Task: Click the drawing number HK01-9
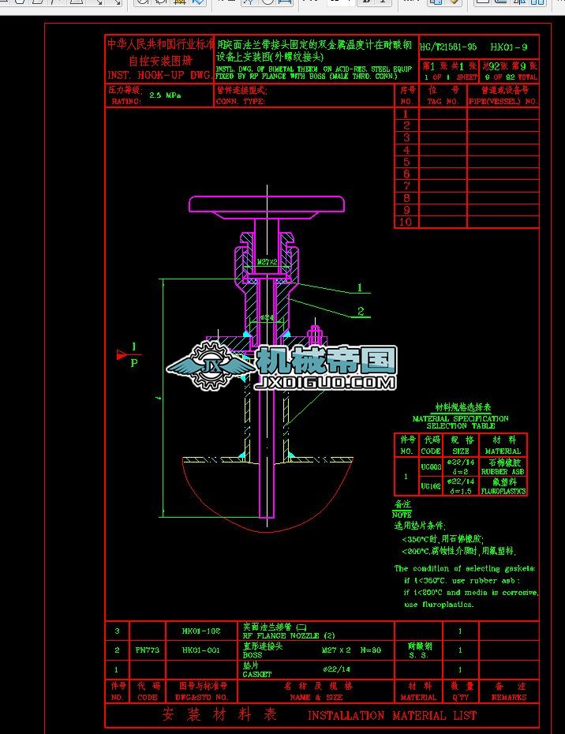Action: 511,47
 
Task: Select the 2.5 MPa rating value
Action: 164,96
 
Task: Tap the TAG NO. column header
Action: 443,102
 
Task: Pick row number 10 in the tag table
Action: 406,223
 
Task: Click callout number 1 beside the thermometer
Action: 360,288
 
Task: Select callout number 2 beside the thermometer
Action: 361,311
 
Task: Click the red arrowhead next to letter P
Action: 122,354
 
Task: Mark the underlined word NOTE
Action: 402,515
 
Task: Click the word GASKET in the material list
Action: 257,675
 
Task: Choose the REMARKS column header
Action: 509,698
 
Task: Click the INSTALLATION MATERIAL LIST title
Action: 391,716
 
